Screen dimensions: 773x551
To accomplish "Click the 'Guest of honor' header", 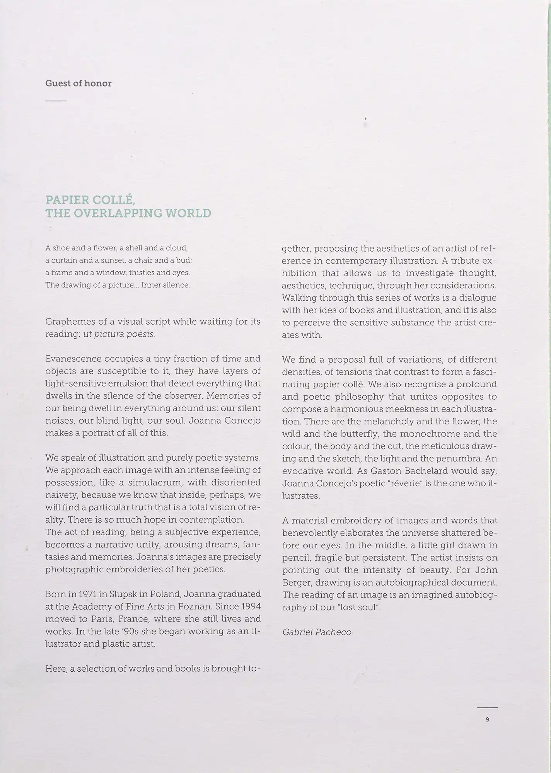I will point(78,83).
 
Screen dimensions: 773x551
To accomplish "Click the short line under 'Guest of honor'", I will point(56,101).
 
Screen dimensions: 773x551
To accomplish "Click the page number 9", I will point(487,719).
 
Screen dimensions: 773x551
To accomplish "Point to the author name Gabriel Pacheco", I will point(317,632).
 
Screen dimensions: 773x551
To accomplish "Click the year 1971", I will point(86,594).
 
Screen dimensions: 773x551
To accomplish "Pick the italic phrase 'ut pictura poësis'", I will point(119,334).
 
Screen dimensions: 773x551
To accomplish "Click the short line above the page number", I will point(487,707).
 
